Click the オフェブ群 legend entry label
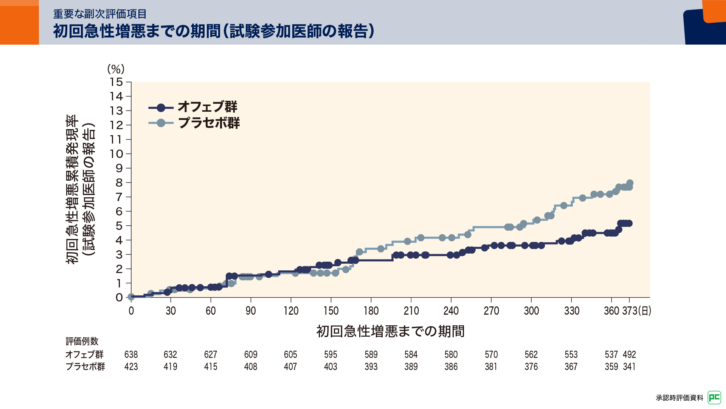207,107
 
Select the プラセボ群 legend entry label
209,123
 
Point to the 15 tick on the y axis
116,82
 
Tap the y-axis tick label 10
116,154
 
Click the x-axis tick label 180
371,311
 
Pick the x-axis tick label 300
531,311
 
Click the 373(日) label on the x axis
637,311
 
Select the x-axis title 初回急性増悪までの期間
390,331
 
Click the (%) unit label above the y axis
116,69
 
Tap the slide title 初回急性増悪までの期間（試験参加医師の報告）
214,31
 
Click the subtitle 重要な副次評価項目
100,14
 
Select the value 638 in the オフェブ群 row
131,354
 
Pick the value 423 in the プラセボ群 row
131,367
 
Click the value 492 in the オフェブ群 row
629,354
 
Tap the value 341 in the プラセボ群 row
629,367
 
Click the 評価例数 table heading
82,341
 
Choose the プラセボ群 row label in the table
85,367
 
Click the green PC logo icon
714,397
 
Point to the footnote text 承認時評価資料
679,398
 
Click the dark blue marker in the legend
161,108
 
